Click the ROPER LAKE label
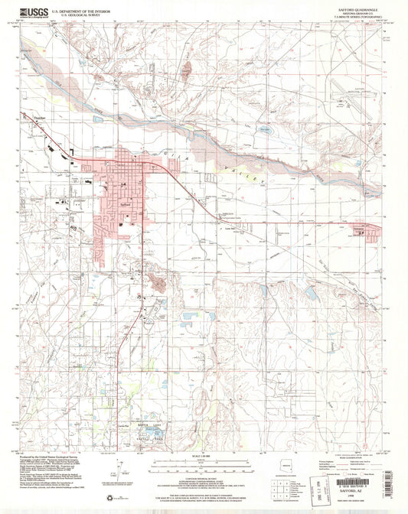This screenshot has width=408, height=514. (145, 425)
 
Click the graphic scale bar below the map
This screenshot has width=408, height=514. (204, 466)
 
